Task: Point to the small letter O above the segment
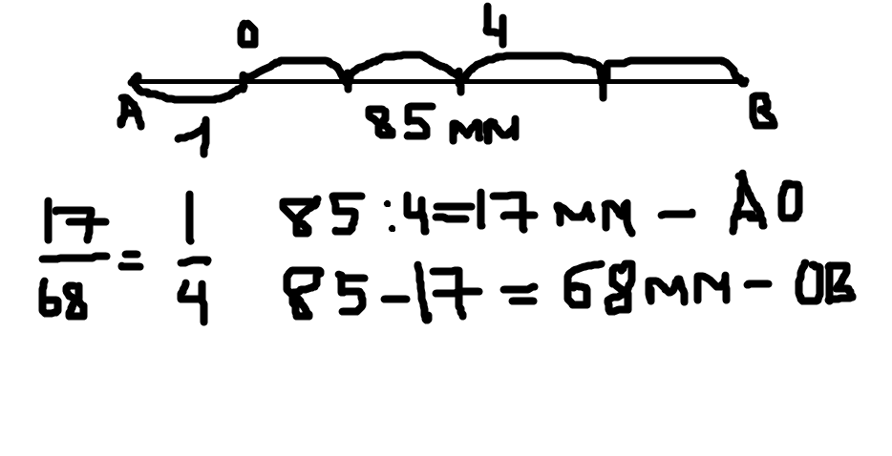tap(247, 36)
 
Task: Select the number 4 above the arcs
tap(494, 31)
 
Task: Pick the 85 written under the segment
tap(402, 123)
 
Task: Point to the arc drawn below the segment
tap(191, 94)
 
